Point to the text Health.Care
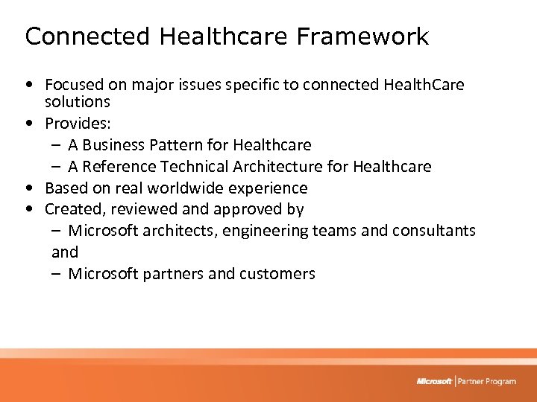(424, 85)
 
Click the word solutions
(78, 101)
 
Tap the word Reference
(120, 166)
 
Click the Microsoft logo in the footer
(434, 381)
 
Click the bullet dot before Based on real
(28, 188)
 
